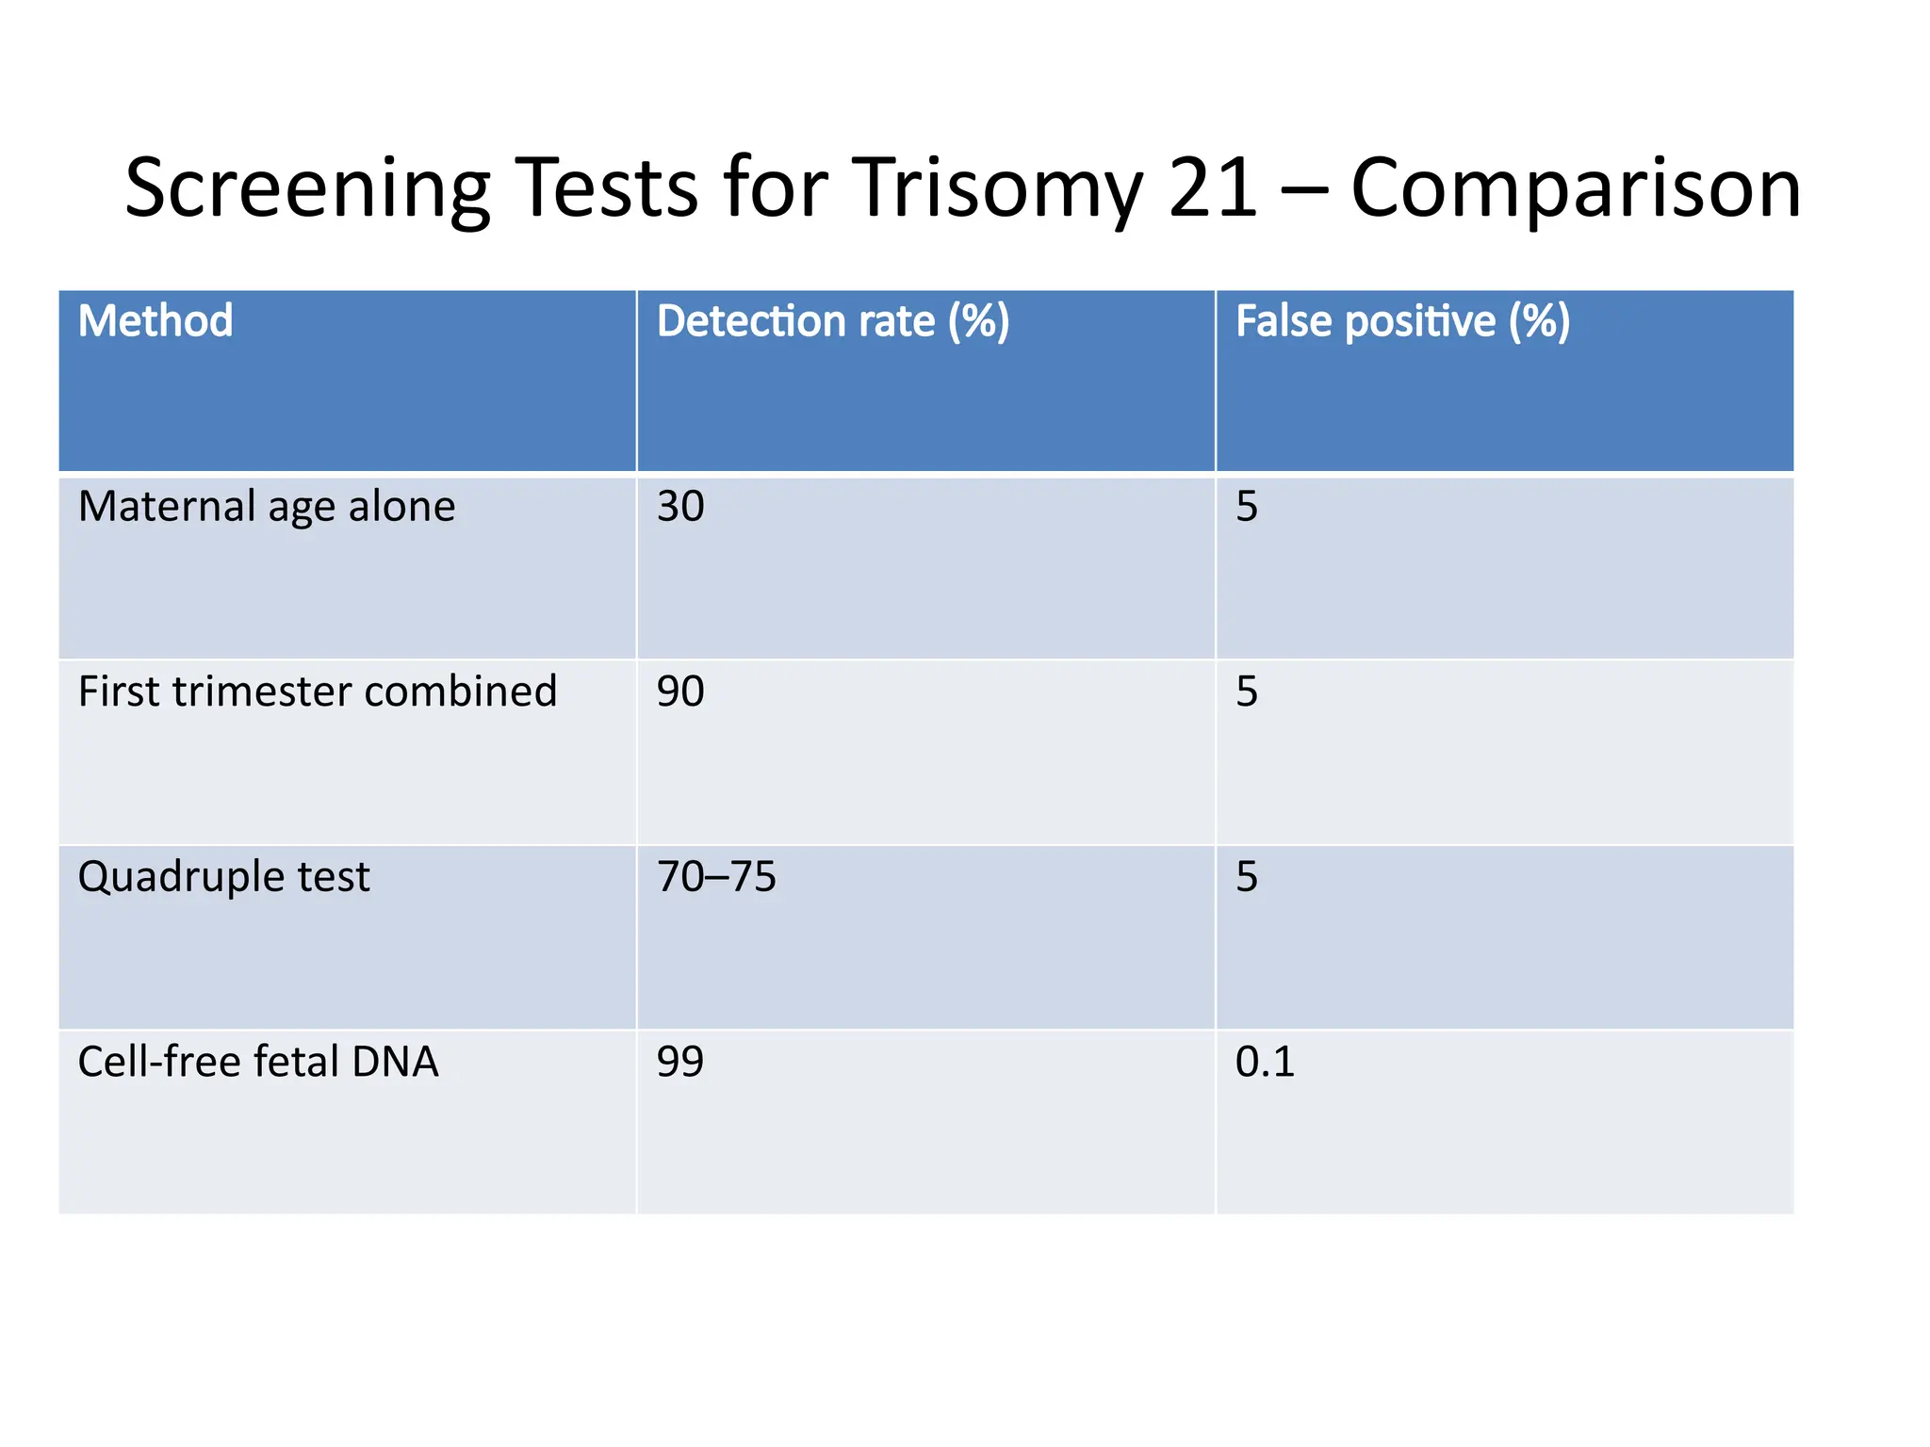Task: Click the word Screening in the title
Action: point(307,188)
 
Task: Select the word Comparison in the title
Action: point(1576,188)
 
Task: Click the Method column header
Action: point(155,321)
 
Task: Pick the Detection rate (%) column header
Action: point(833,321)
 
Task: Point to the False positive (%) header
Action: point(1402,321)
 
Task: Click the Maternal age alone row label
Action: point(267,507)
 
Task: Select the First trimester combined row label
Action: point(318,691)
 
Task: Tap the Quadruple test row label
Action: point(224,877)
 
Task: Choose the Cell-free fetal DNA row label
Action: point(258,1062)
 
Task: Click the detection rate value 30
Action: point(680,507)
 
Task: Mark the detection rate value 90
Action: point(680,691)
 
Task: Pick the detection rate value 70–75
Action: point(716,877)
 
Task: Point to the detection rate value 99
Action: point(680,1062)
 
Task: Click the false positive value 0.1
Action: point(1265,1062)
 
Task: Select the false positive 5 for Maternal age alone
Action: point(1247,507)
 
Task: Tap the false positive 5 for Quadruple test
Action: point(1247,877)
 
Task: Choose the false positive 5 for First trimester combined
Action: point(1247,691)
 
